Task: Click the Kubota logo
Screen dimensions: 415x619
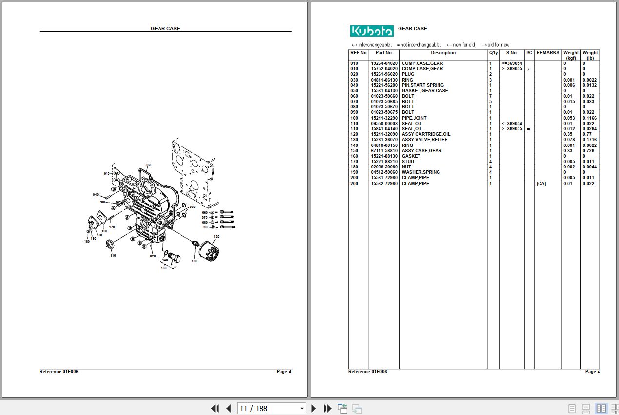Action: (x=372, y=31)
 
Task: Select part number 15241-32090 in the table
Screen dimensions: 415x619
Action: (x=384, y=134)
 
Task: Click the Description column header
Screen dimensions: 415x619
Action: (x=443, y=53)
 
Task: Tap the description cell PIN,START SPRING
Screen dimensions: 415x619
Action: (x=422, y=85)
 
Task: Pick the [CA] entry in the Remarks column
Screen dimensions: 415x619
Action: (x=541, y=184)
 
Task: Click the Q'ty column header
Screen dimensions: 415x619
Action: (x=493, y=53)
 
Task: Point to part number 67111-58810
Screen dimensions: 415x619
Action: (x=384, y=151)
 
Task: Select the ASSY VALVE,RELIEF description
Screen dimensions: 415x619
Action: (x=424, y=140)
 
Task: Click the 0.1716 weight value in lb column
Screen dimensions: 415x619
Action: (x=589, y=140)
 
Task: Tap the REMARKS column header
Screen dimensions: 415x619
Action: (x=548, y=53)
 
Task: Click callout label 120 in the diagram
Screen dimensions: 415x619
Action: (x=216, y=237)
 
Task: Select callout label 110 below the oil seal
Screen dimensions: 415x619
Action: (x=113, y=255)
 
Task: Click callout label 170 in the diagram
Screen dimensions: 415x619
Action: (x=112, y=227)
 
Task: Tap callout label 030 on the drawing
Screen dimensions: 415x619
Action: (x=193, y=207)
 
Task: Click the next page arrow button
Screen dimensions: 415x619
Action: (x=314, y=408)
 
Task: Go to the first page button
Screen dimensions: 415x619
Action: (x=215, y=408)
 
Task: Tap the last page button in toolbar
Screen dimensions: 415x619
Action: (x=328, y=408)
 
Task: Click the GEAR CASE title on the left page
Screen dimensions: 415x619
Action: (x=165, y=29)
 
